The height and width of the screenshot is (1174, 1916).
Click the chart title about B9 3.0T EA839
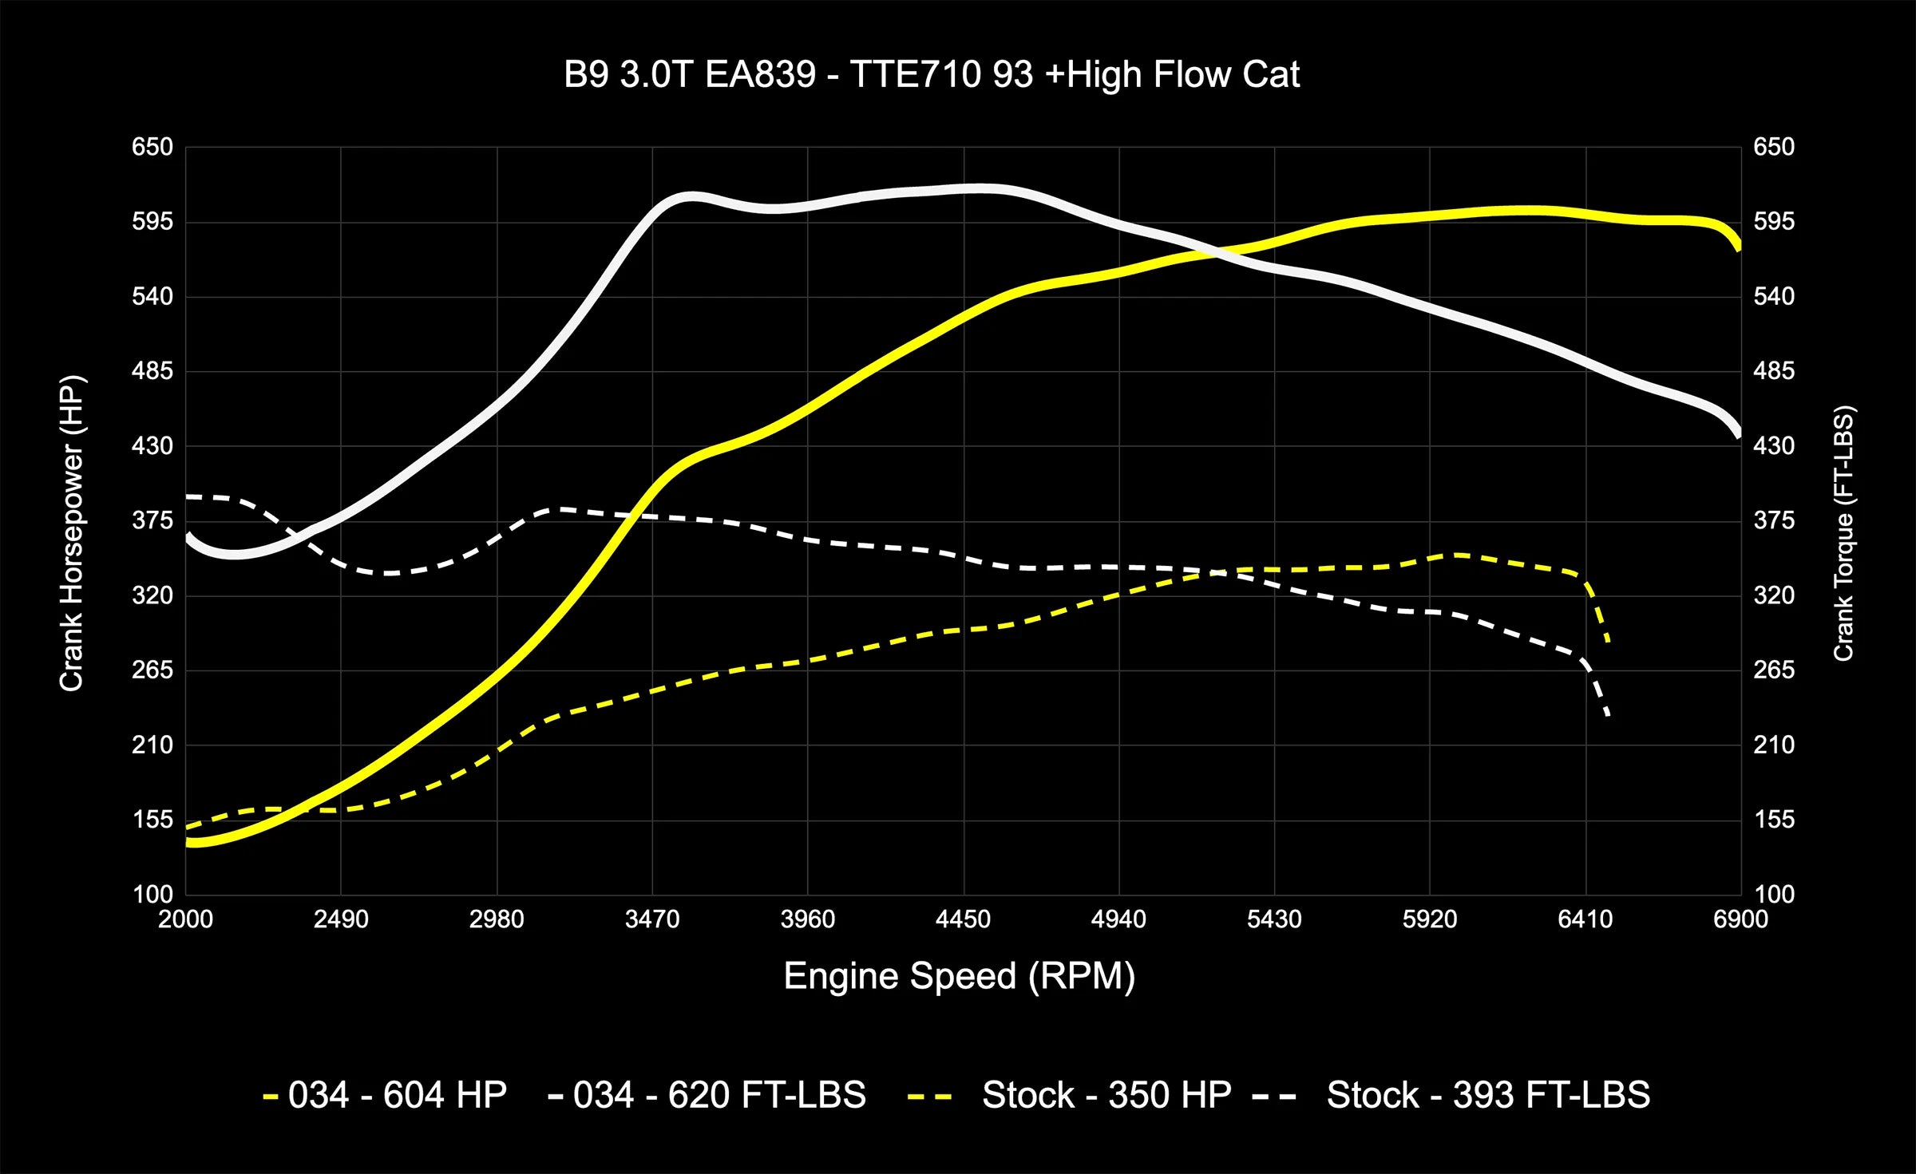coord(932,75)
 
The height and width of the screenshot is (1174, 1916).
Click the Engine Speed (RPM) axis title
coord(959,976)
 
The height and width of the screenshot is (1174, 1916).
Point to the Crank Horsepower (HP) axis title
coord(72,533)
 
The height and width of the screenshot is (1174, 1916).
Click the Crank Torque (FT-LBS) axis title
coord(1843,533)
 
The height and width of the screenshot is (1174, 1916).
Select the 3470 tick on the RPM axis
coord(652,919)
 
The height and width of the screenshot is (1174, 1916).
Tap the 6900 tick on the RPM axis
coord(1740,919)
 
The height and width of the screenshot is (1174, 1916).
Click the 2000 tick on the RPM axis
coord(185,919)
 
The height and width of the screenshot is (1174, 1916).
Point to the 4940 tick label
coord(1118,919)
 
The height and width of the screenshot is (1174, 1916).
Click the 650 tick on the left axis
coord(152,147)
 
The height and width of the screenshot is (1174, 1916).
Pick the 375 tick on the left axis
coord(152,520)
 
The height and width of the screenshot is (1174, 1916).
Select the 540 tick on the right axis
coord(1774,296)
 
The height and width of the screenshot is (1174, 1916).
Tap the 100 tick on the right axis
coord(1774,894)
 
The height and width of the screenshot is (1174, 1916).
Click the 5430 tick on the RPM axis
coord(1274,919)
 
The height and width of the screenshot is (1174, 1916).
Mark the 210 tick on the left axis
coord(152,745)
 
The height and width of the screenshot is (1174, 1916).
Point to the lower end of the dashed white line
coord(1608,715)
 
